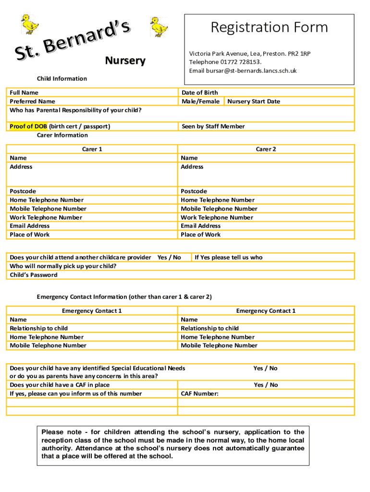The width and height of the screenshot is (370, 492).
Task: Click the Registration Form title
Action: (x=269, y=27)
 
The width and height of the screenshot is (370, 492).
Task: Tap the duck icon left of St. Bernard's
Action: (x=29, y=24)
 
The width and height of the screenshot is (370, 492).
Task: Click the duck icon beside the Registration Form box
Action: (x=159, y=27)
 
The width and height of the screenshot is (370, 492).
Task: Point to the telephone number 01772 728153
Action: (x=241, y=62)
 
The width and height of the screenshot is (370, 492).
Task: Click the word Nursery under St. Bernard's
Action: (x=125, y=61)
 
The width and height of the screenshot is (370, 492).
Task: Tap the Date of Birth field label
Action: (x=199, y=93)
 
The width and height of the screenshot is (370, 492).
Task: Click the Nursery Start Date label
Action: (x=254, y=101)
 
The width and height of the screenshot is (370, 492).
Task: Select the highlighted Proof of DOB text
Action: (x=28, y=126)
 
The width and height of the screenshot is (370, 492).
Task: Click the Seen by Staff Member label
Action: (x=213, y=126)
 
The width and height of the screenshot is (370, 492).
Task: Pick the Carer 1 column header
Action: (x=92, y=149)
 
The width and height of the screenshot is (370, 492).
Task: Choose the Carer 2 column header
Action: (x=266, y=149)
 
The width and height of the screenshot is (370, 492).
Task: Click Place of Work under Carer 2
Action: (x=200, y=234)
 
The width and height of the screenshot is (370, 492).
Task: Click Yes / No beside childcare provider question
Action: (x=169, y=258)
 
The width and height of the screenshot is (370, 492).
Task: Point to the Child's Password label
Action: (x=34, y=275)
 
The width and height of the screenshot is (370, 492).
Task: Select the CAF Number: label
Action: (x=199, y=394)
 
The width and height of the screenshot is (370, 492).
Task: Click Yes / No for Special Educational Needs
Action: (x=265, y=368)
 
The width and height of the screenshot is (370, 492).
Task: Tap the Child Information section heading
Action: (x=62, y=79)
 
